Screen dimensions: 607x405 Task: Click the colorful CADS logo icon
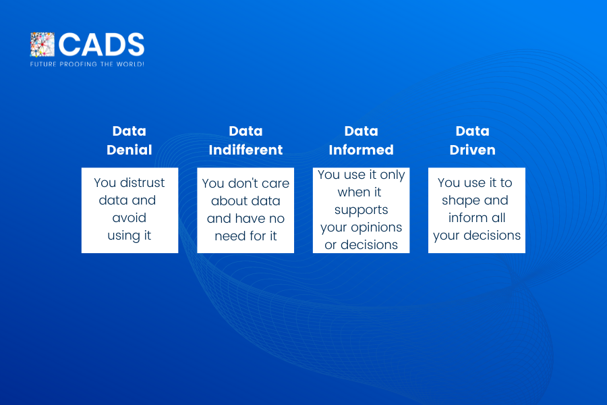pyautogui.click(x=42, y=45)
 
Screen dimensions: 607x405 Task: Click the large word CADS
pyautogui.click(x=101, y=45)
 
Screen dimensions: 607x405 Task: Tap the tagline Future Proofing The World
pyautogui.click(x=87, y=64)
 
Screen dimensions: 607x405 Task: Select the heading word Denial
pyautogui.click(x=129, y=150)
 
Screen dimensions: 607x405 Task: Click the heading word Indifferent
pyautogui.click(x=245, y=150)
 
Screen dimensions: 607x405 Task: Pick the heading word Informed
pyautogui.click(x=362, y=150)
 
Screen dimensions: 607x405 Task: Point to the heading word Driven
pyautogui.click(x=472, y=150)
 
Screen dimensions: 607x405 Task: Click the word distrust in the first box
pyautogui.click(x=142, y=182)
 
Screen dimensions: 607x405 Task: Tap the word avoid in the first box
pyautogui.click(x=129, y=218)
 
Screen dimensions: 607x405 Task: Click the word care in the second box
pyautogui.click(x=276, y=184)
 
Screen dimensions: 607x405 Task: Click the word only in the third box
pyautogui.click(x=393, y=175)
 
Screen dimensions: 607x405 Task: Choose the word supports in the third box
pyautogui.click(x=362, y=211)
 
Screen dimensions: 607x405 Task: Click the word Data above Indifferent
pyautogui.click(x=245, y=131)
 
